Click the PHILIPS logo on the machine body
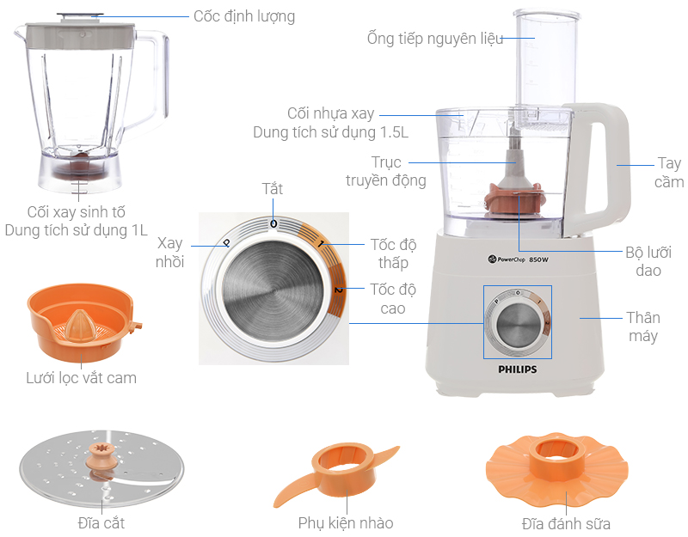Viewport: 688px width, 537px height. pyautogui.click(x=518, y=369)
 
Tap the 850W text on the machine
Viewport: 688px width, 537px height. pyautogui.click(x=538, y=259)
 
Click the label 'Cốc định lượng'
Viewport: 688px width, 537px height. pyautogui.click(x=244, y=16)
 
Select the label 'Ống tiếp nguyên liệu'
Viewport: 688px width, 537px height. pyautogui.click(x=435, y=39)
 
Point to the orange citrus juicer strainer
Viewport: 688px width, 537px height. pyautogui.click(x=83, y=321)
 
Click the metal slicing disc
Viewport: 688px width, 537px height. pyautogui.click(x=101, y=468)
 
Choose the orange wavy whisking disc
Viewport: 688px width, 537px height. pyautogui.click(x=556, y=468)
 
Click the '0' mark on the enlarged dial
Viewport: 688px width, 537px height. pyautogui.click(x=273, y=224)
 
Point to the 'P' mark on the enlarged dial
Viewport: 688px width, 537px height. pyautogui.click(x=227, y=242)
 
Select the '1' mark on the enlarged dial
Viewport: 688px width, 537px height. pyautogui.click(x=322, y=244)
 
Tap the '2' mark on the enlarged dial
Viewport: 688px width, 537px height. pyautogui.click(x=338, y=290)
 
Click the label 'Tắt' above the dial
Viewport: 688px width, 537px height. pyautogui.click(x=273, y=189)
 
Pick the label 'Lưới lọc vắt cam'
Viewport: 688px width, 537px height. pyautogui.click(x=81, y=378)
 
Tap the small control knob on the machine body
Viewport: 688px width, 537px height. pyautogui.click(x=518, y=322)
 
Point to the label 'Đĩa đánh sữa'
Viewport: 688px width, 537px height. pyautogui.click(x=566, y=524)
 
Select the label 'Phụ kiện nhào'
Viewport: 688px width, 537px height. pyautogui.click(x=346, y=523)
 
